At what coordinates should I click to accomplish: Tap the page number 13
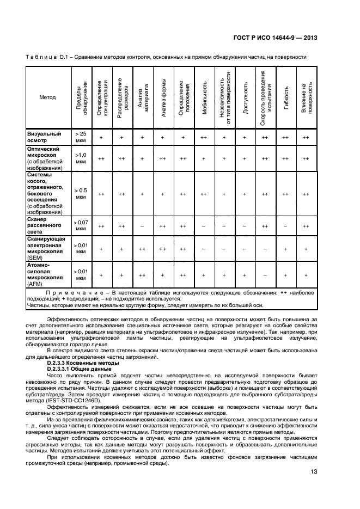[314, 471]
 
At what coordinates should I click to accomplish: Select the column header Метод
[47, 97]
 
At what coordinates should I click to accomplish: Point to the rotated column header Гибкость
[285, 97]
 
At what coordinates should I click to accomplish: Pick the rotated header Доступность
[245, 97]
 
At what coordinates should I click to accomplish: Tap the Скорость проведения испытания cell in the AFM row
[265, 276]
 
